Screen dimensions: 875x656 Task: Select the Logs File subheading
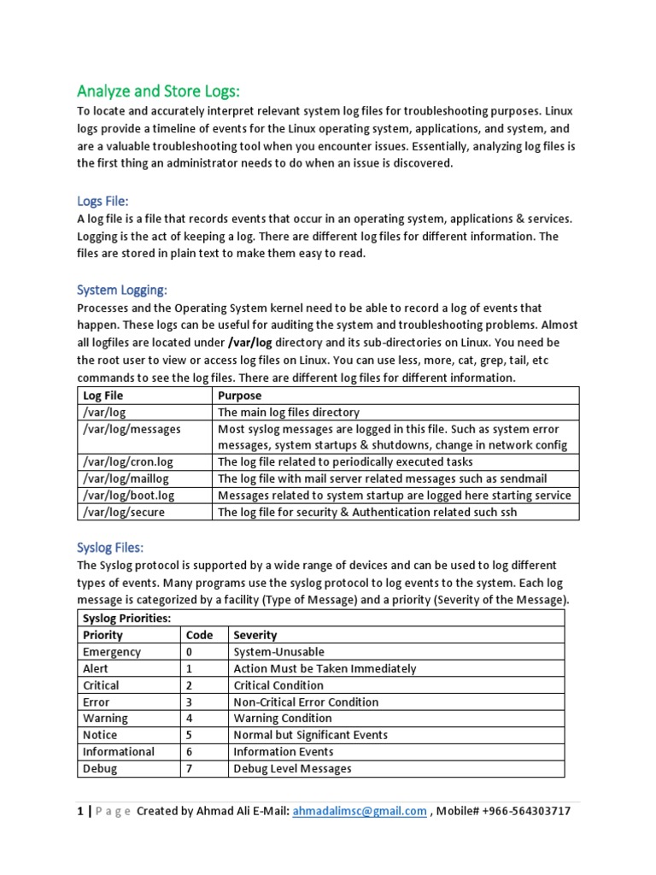tap(102, 201)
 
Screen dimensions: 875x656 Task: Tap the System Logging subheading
tap(122, 291)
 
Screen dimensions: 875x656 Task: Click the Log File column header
tap(103, 396)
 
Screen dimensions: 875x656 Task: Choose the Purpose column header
tap(240, 396)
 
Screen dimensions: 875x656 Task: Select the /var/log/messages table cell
tap(132, 429)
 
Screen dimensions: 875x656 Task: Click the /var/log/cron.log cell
tap(127, 462)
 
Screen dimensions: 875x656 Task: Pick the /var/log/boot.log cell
tap(128, 496)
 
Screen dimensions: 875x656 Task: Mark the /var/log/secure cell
tap(124, 512)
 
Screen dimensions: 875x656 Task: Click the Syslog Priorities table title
tap(126, 618)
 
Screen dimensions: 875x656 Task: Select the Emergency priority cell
tap(112, 652)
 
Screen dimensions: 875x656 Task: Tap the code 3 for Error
tap(189, 702)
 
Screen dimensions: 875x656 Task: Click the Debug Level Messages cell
tap(292, 768)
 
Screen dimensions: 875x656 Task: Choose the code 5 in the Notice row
tap(189, 735)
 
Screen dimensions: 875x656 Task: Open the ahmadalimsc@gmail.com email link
tap(359, 812)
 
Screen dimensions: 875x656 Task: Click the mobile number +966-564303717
tap(518, 812)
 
